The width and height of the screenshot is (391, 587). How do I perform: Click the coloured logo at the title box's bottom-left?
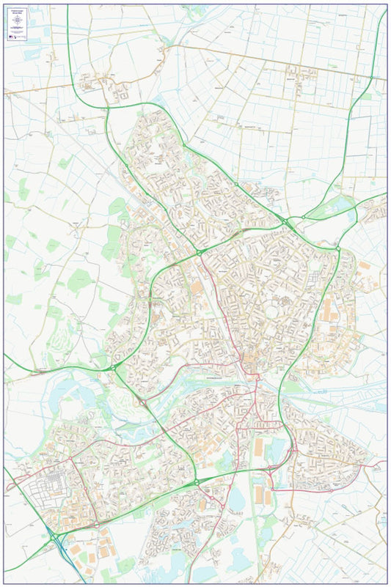click(10, 37)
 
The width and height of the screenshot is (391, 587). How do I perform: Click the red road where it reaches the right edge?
click(384, 463)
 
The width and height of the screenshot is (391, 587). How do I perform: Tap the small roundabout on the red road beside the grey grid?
click(71, 460)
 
